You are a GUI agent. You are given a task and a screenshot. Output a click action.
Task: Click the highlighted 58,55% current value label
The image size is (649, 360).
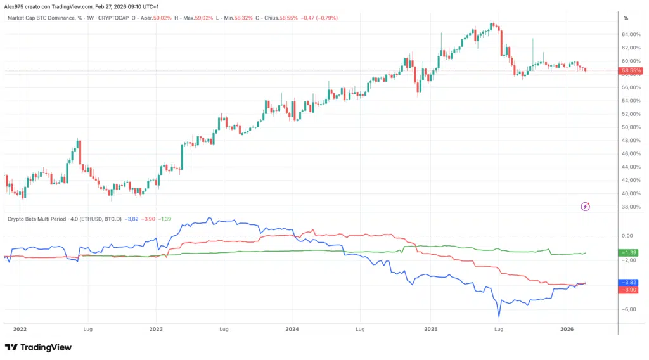coord(631,70)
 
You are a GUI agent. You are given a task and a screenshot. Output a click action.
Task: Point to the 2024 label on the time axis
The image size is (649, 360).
coord(292,329)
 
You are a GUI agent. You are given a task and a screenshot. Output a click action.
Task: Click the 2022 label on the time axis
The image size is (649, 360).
coord(20,329)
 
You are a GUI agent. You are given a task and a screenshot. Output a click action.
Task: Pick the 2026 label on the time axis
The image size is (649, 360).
coord(567,329)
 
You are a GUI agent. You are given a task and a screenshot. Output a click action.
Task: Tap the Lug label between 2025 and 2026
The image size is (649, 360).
coord(498,329)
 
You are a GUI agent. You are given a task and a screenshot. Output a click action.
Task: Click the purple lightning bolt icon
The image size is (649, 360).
coord(586,206)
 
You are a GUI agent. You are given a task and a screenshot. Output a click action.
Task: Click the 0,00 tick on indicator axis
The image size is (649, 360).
coord(628,236)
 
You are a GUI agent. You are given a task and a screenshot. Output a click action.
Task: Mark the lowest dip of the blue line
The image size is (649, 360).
coord(499,316)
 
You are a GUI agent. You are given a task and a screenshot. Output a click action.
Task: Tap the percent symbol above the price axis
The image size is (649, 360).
coord(625,18)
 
